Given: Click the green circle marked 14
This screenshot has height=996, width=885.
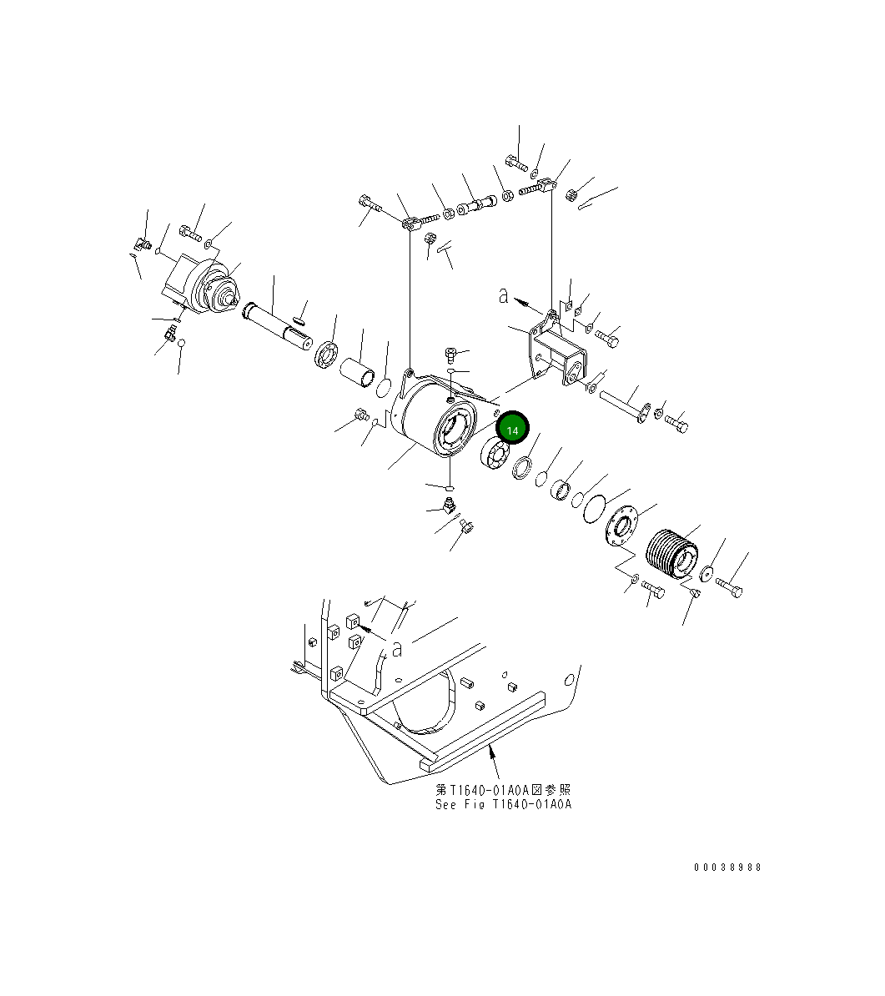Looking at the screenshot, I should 513,430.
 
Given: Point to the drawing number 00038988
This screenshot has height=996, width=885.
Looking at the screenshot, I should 727,868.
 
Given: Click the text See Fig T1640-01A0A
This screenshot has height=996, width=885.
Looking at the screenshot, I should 503,805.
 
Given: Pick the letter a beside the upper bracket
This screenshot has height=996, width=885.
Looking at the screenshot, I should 503,294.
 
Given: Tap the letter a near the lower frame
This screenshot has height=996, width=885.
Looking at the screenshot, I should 398,648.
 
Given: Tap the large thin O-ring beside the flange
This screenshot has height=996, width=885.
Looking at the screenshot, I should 596,507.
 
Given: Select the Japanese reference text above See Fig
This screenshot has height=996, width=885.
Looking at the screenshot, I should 503,789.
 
